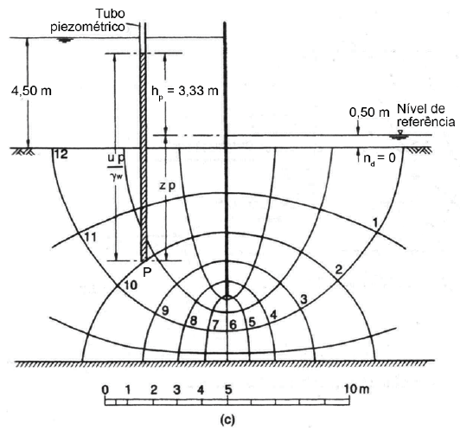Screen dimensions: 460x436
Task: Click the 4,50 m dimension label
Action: click(x=31, y=91)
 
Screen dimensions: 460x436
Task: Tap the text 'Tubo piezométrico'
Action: click(x=88, y=20)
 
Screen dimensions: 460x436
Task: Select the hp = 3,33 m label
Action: click(x=185, y=92)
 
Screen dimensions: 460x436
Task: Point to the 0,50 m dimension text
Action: click(x=369, y=112)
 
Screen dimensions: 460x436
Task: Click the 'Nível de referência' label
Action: click(x=425, y=115)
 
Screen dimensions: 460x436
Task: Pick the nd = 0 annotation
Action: click(x=380, y=159)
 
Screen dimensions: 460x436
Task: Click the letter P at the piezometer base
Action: click(x=147, y=272)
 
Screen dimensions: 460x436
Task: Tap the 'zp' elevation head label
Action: click(x=167, y=187)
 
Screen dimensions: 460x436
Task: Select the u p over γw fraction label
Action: click(x=116, y=167)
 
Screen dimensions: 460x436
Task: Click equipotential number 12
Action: click(x=61, y=154)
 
